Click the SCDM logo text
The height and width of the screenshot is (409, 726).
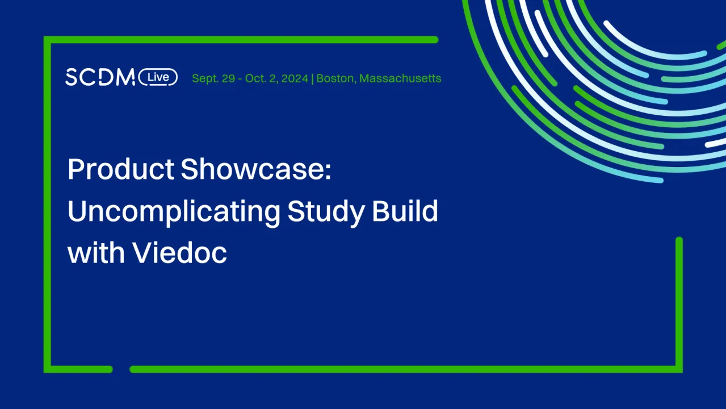(x=100, y=77)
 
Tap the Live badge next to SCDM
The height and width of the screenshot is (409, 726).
(x=158, y=77)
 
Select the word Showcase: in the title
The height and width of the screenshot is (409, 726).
(x=256, y=169)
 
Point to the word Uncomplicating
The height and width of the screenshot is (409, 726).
(x=174, y=211)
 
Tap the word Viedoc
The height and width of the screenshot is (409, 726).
(x=180, y=253)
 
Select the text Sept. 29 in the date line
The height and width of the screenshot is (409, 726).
(x=213, y=78)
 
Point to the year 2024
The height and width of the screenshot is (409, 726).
(x=295, y=78)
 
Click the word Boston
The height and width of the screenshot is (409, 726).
(x=335, y=78)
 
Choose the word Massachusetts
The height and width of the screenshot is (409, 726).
(x=400, y=78)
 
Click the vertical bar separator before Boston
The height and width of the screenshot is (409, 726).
(x=313, y=78)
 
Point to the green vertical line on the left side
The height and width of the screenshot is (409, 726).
(x=47, y=204)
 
